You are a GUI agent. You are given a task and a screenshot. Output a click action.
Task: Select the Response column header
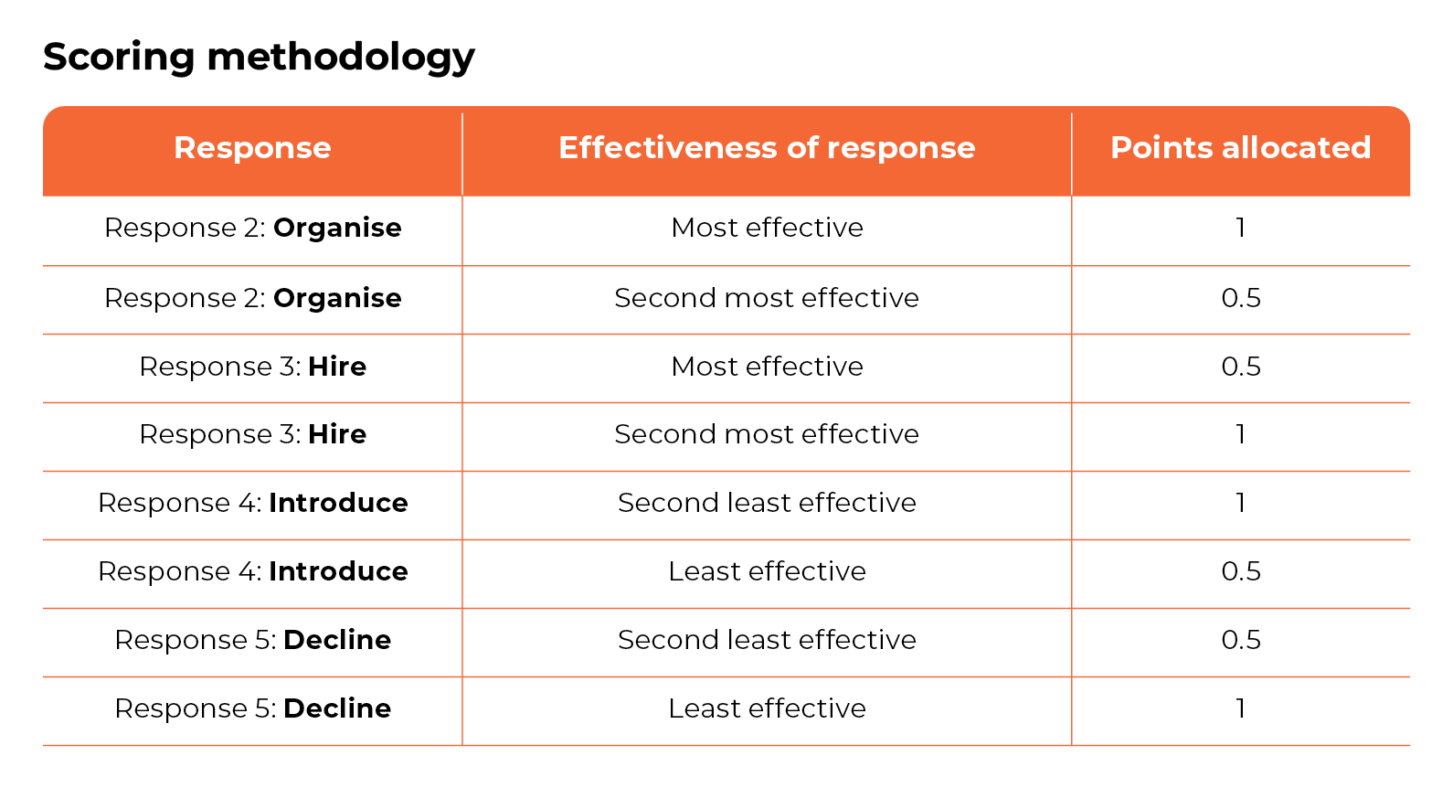click(x=252, y=148)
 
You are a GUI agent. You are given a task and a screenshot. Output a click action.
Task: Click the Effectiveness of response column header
click(x=767, y=148)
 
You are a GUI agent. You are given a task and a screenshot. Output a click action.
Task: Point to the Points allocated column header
click(x=1240, y=148)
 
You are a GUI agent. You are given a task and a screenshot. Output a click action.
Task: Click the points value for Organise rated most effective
click(x=1240, y=228)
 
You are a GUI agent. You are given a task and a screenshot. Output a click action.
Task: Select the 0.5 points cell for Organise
click(x=1240, y=298)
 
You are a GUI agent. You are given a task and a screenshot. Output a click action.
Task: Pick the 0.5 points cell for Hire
click(x=1240, y=367)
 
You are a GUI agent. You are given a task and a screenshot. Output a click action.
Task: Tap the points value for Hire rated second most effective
click(x=1240, y=434)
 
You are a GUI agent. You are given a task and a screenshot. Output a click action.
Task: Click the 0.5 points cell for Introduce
click(x=1240, y=571)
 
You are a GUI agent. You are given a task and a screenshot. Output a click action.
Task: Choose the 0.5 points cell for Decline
click(x=1240, y=640)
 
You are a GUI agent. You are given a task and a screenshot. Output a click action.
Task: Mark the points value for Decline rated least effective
click(x=1240, y=708)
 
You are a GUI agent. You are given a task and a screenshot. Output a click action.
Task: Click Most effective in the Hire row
click(x=767, y=367)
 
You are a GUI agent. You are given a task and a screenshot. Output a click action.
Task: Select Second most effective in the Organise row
click(x=767, y=298)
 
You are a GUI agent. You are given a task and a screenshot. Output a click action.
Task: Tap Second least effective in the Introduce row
click(x=767, y=503)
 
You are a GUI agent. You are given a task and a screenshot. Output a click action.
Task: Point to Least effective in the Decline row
click(x=767, y=708)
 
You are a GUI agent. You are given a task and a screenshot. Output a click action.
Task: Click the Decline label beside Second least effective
click(x=337, y=640)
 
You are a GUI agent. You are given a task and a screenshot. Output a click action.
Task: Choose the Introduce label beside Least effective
click(x=338, y=571)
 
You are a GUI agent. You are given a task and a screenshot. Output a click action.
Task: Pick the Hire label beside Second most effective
click(x=337, y=434)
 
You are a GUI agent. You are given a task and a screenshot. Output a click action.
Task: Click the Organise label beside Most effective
click(x=337, y=228)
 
